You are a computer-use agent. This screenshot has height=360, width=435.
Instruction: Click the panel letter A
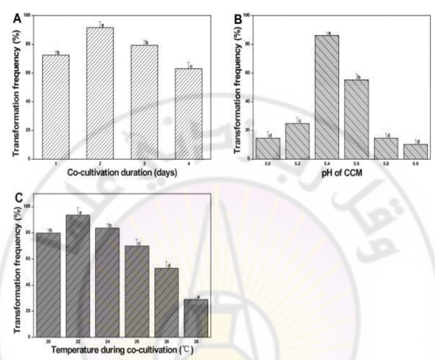[x=17, y=19]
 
